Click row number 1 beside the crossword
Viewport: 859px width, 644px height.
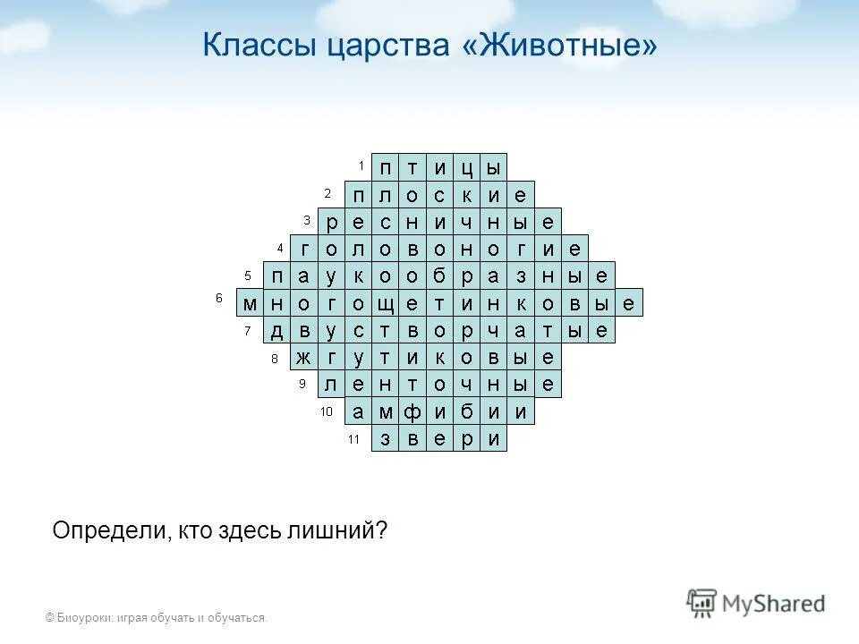click(361, 165)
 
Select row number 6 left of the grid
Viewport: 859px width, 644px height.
click(219, 298)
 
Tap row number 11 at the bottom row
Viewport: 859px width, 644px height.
click(353, 439)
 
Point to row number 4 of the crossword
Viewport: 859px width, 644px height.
click(280, 247)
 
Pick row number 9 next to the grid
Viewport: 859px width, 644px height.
click(302, 384)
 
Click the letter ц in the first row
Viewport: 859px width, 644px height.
click(466, 167)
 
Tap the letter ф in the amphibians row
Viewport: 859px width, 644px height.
click(412, 412)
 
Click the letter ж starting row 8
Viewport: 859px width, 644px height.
click(304, 358)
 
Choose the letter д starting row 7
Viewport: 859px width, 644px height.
click(277, 331)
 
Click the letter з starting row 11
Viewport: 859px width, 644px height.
click(385, 439)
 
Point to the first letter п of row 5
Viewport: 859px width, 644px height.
click(277, 276)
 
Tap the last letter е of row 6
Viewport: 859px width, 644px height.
click(629, 303)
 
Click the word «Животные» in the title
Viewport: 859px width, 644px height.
click(560, 45)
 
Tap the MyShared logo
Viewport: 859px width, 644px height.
click(756, 602)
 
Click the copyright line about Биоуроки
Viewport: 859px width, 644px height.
click(157, 617)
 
